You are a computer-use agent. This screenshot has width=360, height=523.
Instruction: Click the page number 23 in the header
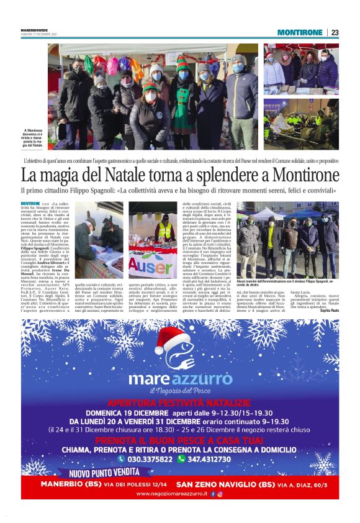pyautogui.click(x=335, y=32)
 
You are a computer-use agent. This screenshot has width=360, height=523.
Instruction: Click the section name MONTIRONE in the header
pyautogui.click(x=300, y=32)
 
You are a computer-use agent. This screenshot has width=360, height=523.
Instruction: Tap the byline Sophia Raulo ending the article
pyautogui.click(x=330, y=310)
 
